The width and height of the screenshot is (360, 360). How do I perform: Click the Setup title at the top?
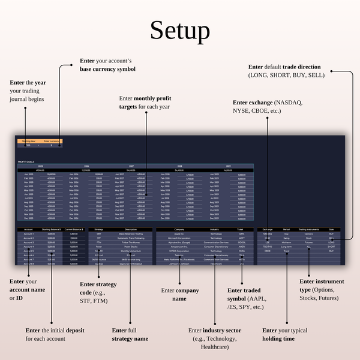180,31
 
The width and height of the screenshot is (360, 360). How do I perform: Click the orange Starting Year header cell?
28,141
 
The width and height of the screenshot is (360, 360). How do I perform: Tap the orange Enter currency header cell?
51,141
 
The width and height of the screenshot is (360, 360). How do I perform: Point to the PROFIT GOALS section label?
25,161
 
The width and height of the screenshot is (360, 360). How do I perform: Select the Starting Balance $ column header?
51,229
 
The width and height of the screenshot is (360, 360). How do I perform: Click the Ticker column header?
240,229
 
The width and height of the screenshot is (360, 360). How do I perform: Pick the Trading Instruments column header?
308,229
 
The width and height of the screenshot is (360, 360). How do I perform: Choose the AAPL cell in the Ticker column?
240,233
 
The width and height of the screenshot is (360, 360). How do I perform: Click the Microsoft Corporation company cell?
179,238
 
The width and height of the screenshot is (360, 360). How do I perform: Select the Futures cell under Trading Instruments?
308,242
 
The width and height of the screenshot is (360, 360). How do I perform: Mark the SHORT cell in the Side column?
331,246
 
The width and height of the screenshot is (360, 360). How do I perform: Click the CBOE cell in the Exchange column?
268,251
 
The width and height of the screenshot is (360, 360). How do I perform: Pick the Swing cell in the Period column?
286,238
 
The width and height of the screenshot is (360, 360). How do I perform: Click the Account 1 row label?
28,233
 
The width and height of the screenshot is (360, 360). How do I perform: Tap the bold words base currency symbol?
108,69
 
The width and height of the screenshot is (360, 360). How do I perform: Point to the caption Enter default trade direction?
284,67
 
